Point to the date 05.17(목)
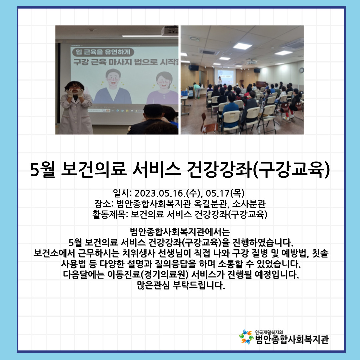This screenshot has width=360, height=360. click(x=225, y=193)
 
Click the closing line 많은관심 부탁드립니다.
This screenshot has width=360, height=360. click(x=181, y=285)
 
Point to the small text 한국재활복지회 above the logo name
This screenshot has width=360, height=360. click(x=269, y=332)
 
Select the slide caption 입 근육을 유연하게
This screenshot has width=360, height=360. click(x=103, y=52)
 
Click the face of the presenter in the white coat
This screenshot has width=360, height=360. click(x=74, y=89)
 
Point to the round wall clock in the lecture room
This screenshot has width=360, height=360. click(x=301, y=70)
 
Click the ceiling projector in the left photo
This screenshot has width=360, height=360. click(x=170, y=31)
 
